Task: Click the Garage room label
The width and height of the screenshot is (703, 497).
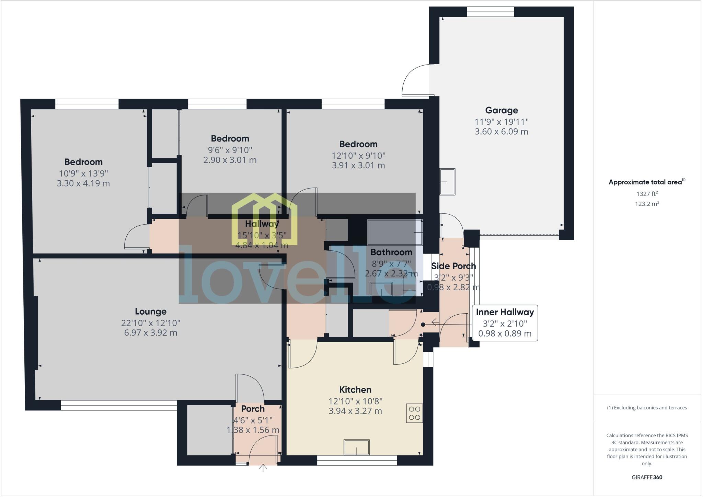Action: click(x=501, y=110)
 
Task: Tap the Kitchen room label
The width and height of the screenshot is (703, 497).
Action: click(x=355, y=389)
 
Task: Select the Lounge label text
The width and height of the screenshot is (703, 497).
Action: click(x=150, y=311)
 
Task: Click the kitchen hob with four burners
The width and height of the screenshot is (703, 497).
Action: click(x=414, y=413)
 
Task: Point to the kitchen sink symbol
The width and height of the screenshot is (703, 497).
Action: click(x=357, y=448)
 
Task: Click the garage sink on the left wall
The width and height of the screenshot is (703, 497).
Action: click(x=448, y=182)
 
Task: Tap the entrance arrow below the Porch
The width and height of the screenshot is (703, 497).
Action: click(x=263, y=468)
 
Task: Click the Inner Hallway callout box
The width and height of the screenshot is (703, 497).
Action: click(x=505, y=323)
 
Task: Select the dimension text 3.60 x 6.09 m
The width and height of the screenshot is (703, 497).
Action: click(x=501, y=132)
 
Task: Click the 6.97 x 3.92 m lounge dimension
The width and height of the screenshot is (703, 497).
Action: click(x=150, y=332)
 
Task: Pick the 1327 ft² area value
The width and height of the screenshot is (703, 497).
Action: click(x=647, y=194)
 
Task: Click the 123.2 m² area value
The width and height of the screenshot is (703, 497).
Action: click(x=647, y=204)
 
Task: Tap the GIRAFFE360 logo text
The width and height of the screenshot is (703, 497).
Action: click(x=647, y=477)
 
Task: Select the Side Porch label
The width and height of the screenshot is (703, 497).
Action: click(x=453, y=266)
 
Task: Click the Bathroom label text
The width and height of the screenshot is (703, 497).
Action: click(x=391, y=252)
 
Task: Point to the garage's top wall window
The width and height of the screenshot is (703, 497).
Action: click(x=490, y=12)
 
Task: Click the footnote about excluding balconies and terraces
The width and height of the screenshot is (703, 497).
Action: click(x=647, y=408)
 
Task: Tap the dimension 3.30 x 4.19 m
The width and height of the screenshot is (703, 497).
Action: click(x=83, y=183)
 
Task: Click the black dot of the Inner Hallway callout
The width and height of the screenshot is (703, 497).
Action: click(x=423, y=325)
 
